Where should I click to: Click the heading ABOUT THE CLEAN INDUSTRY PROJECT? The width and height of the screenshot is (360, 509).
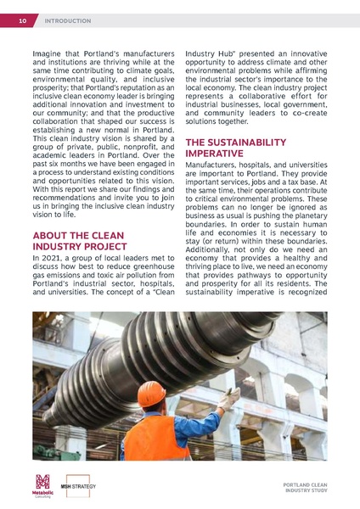pos(77,240)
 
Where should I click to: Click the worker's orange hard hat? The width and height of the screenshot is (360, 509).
pos(152,394)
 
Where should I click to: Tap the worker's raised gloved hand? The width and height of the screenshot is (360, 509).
pos(230,397)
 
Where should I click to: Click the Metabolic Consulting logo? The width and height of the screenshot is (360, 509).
pos(42,485)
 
